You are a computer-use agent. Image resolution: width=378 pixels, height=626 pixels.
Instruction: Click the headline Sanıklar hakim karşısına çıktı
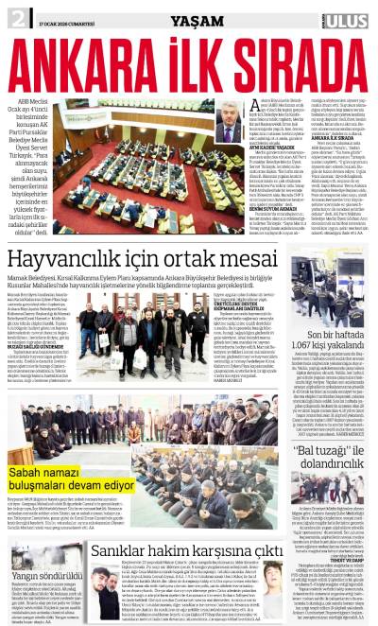[186, 550]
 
